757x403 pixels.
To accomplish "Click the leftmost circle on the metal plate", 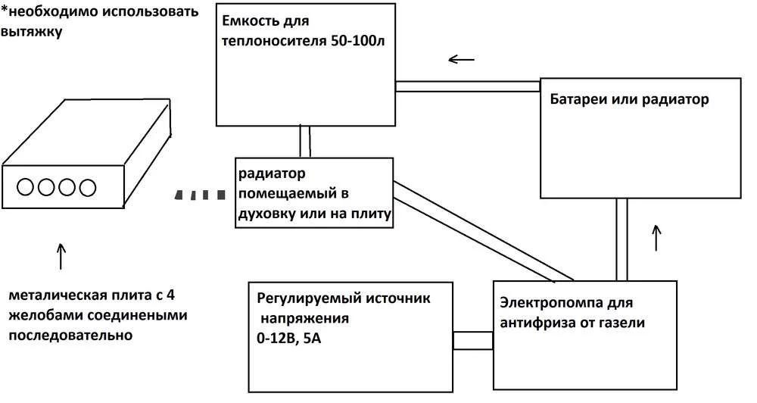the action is [x=25, y=187].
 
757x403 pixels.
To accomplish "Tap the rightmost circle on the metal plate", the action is [x=87, y=188].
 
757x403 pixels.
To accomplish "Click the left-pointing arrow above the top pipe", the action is [x=462, y=59].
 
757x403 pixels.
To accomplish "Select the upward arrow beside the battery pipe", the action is [x=656, y=237].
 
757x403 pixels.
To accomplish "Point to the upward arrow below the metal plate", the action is [x=61, y=256].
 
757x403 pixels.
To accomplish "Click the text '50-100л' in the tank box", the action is [x=358, y=41].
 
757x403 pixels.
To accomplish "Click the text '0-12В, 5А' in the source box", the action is [x=288, y=339].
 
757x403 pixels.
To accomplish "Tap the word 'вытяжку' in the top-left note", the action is [x=32, y=32].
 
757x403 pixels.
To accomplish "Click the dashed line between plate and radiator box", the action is [x=199, y=195].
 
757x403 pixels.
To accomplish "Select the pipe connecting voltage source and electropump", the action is [x=473, y=340].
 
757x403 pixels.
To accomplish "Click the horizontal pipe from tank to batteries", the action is [x=467, y=86].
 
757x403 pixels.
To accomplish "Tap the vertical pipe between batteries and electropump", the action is [x=621, y=239].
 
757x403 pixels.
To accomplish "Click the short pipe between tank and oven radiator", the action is [x=304, y=142].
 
